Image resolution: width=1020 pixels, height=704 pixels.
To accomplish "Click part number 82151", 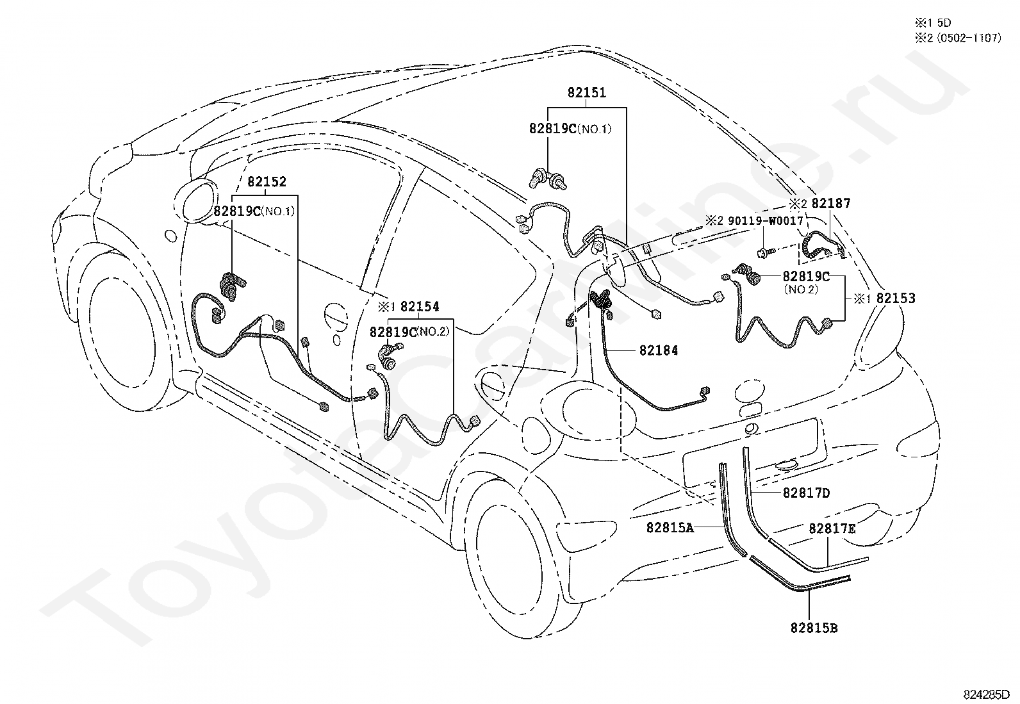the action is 586,93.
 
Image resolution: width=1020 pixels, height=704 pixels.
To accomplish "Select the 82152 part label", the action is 267,182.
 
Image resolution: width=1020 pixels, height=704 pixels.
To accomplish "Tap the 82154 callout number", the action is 420,306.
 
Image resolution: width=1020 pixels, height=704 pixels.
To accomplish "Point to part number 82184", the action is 659,350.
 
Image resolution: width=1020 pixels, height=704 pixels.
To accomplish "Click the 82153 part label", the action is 896,298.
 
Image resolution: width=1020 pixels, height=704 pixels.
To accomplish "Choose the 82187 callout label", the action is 831,203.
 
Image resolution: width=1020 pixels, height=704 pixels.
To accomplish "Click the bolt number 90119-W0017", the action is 766,221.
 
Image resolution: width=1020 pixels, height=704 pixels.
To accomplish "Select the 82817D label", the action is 807,493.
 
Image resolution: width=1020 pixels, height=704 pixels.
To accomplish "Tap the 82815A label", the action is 670,527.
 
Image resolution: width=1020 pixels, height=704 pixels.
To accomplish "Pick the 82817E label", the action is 832,528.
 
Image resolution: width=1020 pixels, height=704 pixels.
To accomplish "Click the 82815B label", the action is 814,628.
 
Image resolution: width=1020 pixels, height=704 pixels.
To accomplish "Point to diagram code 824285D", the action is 986,694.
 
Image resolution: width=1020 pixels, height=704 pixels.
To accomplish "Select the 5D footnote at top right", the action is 944,22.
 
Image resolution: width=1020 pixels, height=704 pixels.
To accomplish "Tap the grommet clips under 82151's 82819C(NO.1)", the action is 548,179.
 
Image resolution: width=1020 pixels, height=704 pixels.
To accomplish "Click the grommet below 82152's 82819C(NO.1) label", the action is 233,286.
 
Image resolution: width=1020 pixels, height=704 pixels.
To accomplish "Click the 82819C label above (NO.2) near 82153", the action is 806,276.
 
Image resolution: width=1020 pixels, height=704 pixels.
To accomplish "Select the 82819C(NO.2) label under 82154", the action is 409,332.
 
